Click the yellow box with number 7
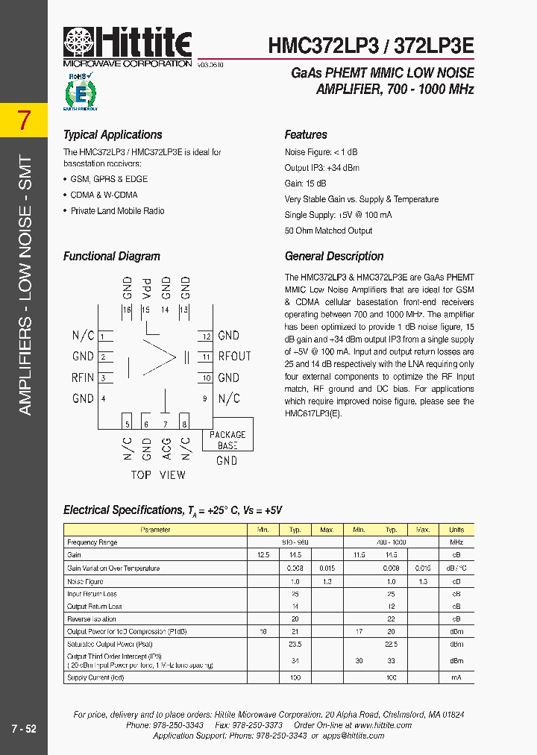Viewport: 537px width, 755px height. [25, 120]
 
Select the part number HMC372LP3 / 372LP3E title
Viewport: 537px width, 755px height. [371, 46]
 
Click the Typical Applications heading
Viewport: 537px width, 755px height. [113, 135]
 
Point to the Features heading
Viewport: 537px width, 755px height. [306, 135]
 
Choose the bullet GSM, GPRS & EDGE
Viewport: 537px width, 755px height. [109, 179]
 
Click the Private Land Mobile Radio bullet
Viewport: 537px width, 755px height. [117, 211]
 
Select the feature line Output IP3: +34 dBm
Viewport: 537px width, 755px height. [321, 168]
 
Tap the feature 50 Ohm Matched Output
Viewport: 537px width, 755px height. [328, 231]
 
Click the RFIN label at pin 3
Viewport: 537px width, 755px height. [83, 377]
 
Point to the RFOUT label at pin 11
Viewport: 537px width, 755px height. [234, 357]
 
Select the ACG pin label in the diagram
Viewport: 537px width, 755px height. [166, 448]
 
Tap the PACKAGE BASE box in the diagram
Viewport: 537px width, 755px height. [227, 439]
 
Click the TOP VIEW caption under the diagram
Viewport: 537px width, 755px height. [158, 475]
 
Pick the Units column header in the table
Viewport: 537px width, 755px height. [456, 530]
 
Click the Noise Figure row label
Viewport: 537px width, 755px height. [85, 581]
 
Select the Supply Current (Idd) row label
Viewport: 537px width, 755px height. [95, 677]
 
